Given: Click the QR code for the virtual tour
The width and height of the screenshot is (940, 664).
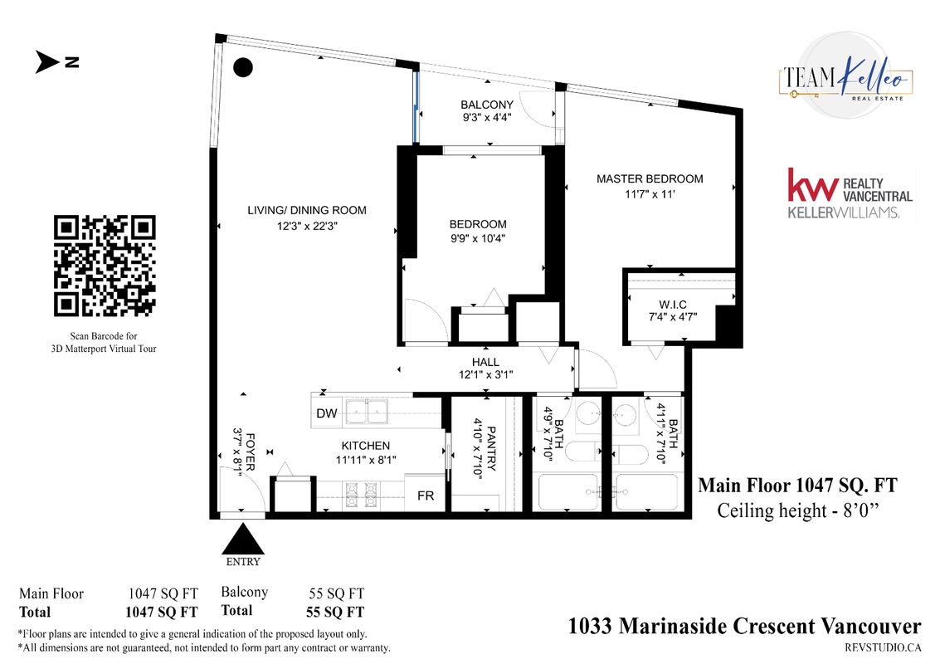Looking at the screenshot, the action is point(105,266).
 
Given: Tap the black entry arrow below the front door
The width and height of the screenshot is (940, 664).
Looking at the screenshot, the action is point(243,539).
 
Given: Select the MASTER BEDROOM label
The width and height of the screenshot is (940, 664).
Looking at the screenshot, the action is point(650,178).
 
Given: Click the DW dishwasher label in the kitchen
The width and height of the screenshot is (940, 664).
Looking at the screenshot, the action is point(327,413).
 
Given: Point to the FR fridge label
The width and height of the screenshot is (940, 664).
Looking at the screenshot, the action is point(426,496).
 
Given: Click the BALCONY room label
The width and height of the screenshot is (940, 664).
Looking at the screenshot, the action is point(487,105).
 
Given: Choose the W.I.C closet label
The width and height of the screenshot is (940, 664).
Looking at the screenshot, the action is point(673,305).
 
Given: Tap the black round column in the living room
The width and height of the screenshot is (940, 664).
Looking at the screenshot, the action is point(243,67).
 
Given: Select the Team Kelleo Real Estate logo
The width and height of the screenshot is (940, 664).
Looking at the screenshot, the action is point(846,77).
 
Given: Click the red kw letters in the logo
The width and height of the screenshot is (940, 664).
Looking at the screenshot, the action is point(812,185).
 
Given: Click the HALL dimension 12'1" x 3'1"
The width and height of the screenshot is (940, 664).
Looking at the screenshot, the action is point(485,375).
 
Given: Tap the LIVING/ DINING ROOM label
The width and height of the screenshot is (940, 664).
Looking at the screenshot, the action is point(307,211).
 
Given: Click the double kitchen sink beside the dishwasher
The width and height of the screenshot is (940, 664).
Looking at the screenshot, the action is point(366,412).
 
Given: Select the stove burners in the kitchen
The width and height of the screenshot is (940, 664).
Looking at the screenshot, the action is point(362,494).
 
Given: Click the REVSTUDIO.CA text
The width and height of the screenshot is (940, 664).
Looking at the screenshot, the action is point(883,647).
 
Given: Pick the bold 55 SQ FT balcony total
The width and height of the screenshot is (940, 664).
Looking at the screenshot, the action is point(335,612).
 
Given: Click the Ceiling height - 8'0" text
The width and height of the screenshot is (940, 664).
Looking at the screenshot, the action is point(798,511).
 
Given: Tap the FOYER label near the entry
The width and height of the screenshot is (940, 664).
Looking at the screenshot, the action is point(250,452).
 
